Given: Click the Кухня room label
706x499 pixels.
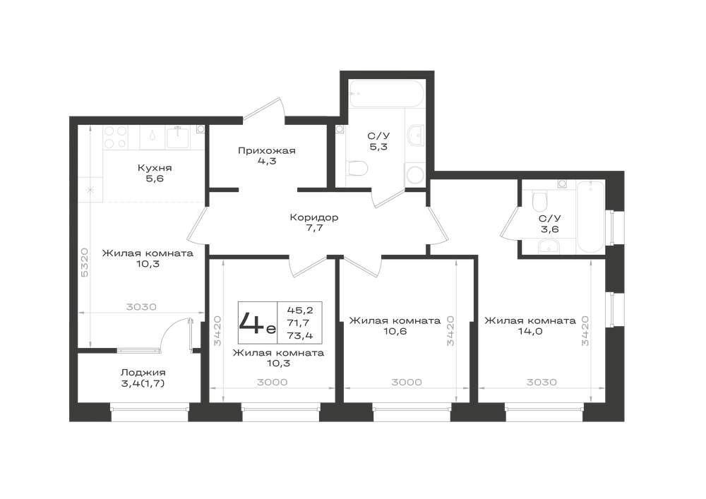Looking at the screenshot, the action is pyautogui.click(x=155, y=168).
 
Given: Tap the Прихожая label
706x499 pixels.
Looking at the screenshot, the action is pyautogui.click(x=267, y=151).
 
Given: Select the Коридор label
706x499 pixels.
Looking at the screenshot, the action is pyautogui.click(x=314, y=218).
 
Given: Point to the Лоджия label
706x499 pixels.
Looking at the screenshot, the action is pyautogui.click(x=143, y=373).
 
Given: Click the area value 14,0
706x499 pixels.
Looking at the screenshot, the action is pyautogui.click(x=530, y=332).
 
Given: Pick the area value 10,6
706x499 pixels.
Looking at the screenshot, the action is pyautogui.click(x=395, y=332).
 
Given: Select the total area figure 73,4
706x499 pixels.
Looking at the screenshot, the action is pyautogui.click(x=299, y=335).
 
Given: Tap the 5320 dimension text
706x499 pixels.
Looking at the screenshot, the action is pyautogui.click(x=85, y=263).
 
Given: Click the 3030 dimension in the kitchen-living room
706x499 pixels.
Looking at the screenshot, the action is pyautogui.click(x=141, y=307).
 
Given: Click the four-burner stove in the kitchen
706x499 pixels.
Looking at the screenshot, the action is pyautogui.click(x=116, y=137).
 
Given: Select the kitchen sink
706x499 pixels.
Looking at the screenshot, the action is pyautogui.click(x=179, y=137).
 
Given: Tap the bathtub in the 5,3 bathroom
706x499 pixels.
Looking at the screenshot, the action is pyautogui.click(x=386, y=94).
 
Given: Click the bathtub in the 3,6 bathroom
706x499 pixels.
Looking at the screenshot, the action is pyautogui.click(x=590, y=217).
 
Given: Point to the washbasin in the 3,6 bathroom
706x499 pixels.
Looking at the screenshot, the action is pyautogui.click(x=549, y=246).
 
